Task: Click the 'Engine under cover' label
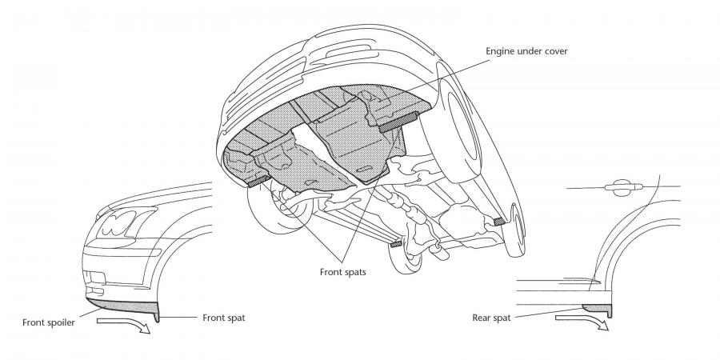pos(526,51)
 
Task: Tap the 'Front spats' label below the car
pos(343,272)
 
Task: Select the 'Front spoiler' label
pos(49,323)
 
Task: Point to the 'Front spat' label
pos(224,318)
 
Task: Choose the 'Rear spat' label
pos(491,318)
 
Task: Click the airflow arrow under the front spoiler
pos(124,324)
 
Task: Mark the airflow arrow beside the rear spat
pos(582,321)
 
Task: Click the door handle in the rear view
pos(623,186)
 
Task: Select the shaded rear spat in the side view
pos(598,309)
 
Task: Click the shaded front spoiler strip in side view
pos(122,306)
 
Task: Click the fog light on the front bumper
pos(97,278)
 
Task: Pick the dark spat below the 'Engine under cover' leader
pos(398,122)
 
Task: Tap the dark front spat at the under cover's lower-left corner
pos(258,181)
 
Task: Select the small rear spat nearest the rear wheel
pos(499,222)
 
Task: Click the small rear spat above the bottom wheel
pos(395,243)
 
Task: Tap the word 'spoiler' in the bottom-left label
pos(62,323)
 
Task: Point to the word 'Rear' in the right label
pos(480,318)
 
